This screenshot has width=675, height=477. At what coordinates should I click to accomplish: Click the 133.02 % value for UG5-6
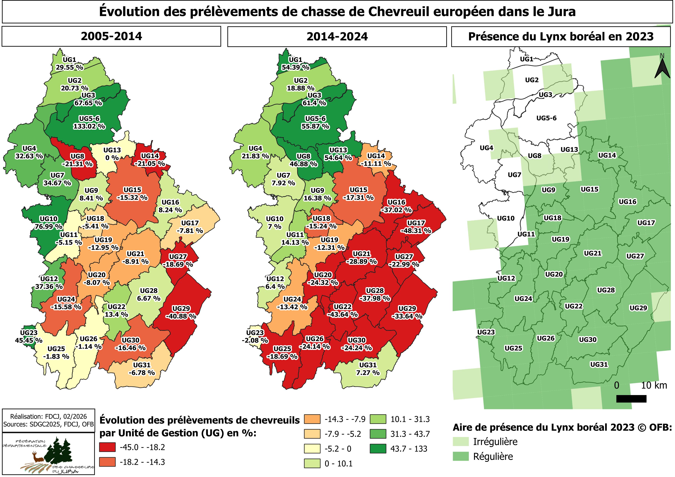click(x=89, y=127)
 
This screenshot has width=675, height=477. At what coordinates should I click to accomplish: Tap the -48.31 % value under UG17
click(x=416, y=231)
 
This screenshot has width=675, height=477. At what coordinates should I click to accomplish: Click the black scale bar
click(x=632, y=399)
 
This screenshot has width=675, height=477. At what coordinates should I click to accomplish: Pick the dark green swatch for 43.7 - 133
click(x=378, y=449)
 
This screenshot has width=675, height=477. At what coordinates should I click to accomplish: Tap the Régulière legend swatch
click(x=461, y=456)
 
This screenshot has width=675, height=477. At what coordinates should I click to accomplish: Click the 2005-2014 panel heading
click(x=111, y=36)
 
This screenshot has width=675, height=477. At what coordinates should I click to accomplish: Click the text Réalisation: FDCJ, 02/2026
click(x=49, y=416)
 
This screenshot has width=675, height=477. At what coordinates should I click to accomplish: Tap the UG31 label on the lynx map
click(x=599, y=364)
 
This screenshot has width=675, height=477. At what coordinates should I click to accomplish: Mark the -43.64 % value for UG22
click(x=342, y=315)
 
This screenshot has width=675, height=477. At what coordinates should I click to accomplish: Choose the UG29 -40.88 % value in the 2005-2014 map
click(x=181, y=316)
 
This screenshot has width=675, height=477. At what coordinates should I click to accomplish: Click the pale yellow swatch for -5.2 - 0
click(x=312, y=449)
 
